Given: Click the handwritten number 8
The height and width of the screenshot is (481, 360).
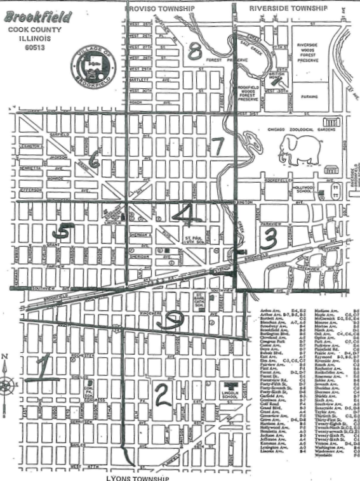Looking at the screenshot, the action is click(x=194, y=50).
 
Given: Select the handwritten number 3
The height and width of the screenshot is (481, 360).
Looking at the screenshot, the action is click(x=270, y=239).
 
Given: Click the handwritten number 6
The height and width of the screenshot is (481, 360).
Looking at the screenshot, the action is click(x=94, y=161).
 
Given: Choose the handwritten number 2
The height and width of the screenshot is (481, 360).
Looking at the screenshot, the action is click(x=163, y=395).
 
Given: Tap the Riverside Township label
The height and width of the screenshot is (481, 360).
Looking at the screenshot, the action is click(x=288, y=8).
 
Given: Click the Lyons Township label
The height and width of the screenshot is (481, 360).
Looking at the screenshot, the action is click(x=138, y=477).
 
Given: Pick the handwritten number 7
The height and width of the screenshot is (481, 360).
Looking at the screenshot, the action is click(x=218, y=147).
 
